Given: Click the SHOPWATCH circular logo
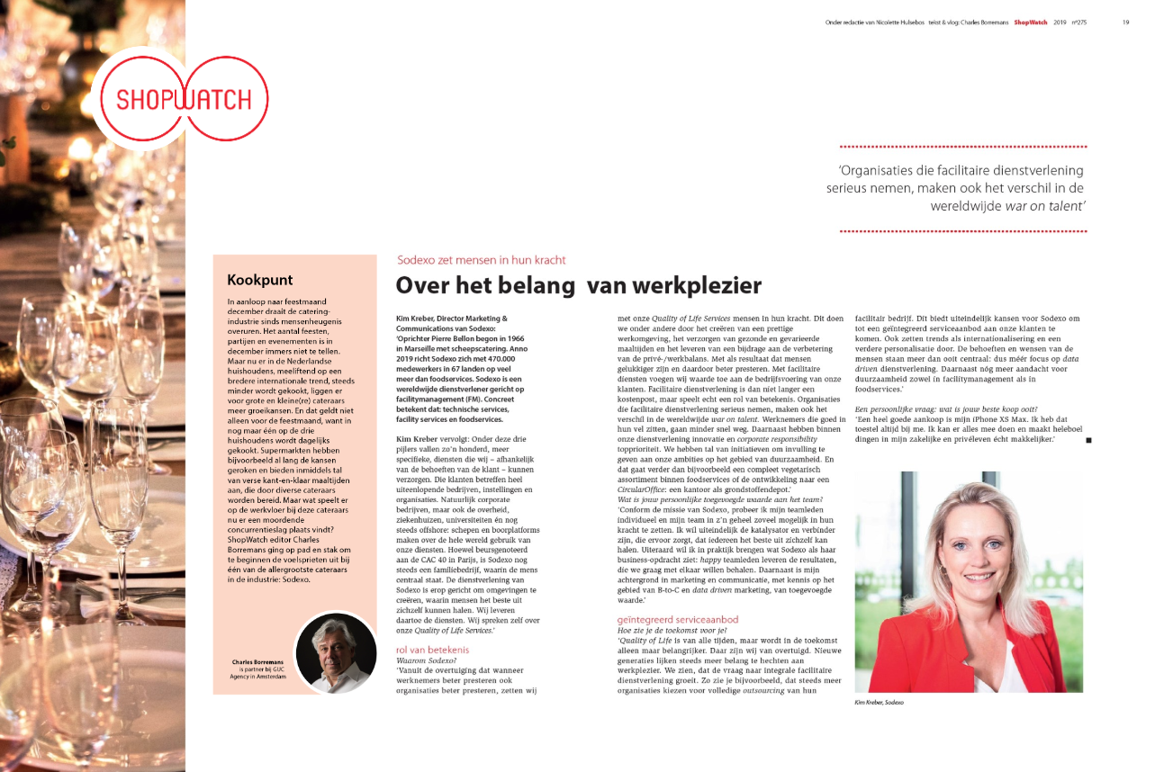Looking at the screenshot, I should tap(181, 98).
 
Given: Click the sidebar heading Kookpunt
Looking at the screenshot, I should tap(259, 280).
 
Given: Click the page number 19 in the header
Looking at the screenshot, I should tap(1125, 22).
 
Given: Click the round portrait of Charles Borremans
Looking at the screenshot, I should tap(336, 653).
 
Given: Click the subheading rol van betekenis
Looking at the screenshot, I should tap(432, 650).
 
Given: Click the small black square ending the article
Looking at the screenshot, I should tap(1089, 440).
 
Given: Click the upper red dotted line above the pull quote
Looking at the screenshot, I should tap(962, 146).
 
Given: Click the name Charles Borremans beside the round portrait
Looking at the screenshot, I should tap(257, 662).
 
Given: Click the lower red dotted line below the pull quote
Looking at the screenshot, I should tap(962, 231).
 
